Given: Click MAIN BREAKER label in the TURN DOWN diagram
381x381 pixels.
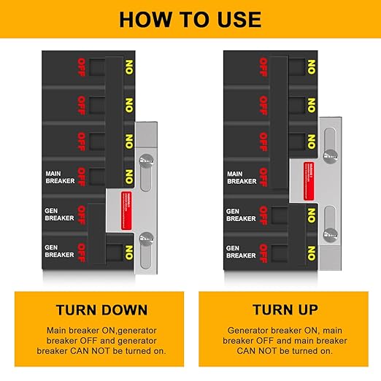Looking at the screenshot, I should click(60, 176).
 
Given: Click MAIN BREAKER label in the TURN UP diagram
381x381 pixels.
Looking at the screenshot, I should click(242, 177).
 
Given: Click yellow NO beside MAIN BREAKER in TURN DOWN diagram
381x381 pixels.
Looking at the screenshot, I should click(128, 176).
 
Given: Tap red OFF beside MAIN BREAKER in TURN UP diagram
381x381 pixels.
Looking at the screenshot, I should click(263, 177).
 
